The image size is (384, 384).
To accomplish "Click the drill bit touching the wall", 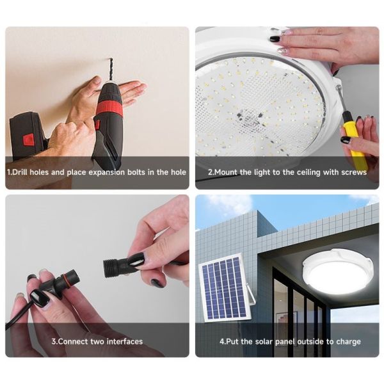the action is click(x=111, y=69).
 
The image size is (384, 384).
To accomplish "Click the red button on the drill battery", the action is click(x=29, y=139).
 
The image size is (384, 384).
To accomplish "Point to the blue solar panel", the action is click(x=224, y=287).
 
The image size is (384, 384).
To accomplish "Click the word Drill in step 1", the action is click(x=20, y=172).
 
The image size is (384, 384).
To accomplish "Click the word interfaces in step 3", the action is click(x=124, y=341).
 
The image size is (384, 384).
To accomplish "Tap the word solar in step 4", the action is click(x=264, y=341).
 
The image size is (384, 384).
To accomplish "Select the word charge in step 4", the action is click(x=349, y=342).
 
